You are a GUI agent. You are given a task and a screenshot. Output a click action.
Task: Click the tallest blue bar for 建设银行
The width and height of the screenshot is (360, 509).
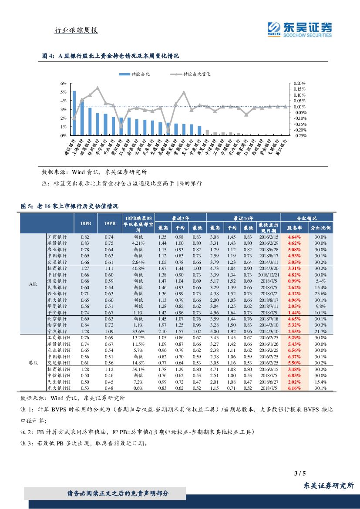point(74,113)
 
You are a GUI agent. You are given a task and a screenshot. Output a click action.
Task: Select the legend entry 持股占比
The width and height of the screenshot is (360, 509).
point(135,74)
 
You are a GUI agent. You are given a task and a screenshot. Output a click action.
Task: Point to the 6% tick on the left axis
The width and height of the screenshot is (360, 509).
point(63,83)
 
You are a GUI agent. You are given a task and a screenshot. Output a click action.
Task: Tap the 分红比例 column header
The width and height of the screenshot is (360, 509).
point(320,227)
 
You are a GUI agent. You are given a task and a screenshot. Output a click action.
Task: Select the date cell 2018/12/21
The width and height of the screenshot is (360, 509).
point(265,275)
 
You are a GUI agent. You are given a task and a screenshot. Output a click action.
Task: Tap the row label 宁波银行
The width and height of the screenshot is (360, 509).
point(57,331)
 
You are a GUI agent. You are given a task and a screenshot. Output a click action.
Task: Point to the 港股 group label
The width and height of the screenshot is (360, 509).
point(33,363)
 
